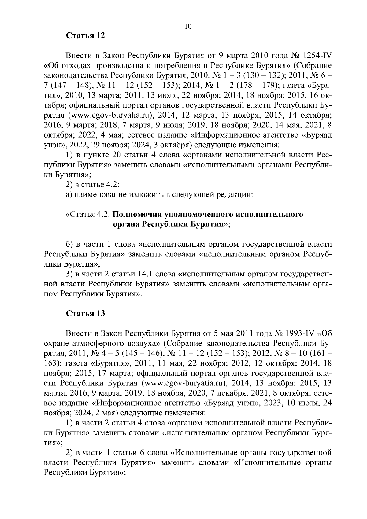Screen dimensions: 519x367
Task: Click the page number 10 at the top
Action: (x=188, y=27)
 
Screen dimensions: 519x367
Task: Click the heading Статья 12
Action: (x=86, y=36)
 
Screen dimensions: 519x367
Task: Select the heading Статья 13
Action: (x=86, y=314)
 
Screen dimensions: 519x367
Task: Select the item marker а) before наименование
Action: (x=69, y=195)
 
